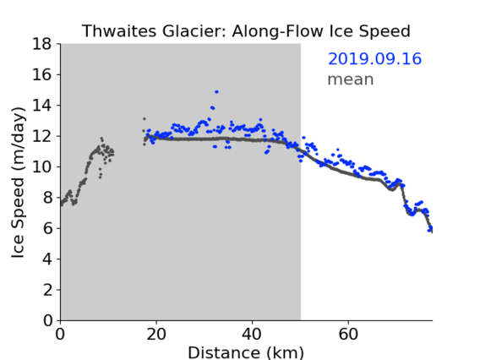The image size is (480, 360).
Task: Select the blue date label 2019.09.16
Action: coord(374,59)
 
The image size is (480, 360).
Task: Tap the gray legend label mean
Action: coord(351,79)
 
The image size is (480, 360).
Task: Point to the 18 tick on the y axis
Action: coord(42,44)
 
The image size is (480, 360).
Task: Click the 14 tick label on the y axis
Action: coord(42,106)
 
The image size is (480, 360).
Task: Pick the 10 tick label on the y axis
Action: coord(42,166)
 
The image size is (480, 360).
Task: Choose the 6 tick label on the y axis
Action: coord(47,228)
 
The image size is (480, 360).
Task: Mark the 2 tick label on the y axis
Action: coord(47,290)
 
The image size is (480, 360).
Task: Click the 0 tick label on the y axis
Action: coord(47,320)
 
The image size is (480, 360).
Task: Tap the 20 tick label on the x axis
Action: coord(156,335)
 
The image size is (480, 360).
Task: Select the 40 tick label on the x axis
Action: coord(252,335)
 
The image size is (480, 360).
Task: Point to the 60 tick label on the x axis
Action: coord(348,335)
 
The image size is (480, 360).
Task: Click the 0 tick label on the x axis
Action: coord(60,335)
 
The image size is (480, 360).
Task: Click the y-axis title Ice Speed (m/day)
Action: coord(18,183)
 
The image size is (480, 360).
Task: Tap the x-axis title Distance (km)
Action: coord(246,353)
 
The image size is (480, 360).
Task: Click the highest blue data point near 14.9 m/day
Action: coord(216,92)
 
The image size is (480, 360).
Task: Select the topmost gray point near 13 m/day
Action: coord(145,119)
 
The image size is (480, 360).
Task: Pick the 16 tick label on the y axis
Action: coord(42,74)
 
